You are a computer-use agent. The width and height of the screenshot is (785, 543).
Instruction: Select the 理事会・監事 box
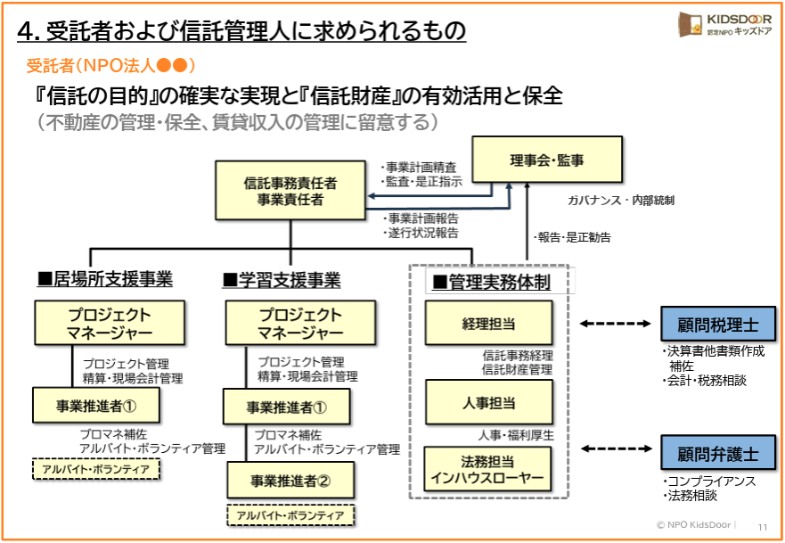[x=547, y=160]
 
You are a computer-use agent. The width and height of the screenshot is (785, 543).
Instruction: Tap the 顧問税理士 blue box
[x=717, y=324]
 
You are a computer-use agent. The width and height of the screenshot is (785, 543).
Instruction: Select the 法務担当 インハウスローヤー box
[x=488, y=469]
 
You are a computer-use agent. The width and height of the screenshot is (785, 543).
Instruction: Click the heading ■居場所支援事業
[x=105, y=280]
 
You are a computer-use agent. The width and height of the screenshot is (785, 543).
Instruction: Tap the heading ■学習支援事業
[x=282, y=280]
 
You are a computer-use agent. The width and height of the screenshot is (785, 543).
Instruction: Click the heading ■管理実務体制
[x=491, y=283]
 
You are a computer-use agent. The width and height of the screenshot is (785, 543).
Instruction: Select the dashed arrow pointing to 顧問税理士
[x=616, y=324]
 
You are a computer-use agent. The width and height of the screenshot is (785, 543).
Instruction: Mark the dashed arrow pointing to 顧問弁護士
[x=616, y=450]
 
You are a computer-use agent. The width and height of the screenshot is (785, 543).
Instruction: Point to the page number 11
[x=763, y=526]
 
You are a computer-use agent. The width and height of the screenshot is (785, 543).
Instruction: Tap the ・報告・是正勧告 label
[x=572, y=237]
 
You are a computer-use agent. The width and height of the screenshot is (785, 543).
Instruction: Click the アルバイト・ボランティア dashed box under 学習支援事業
[x=290, y=514]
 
